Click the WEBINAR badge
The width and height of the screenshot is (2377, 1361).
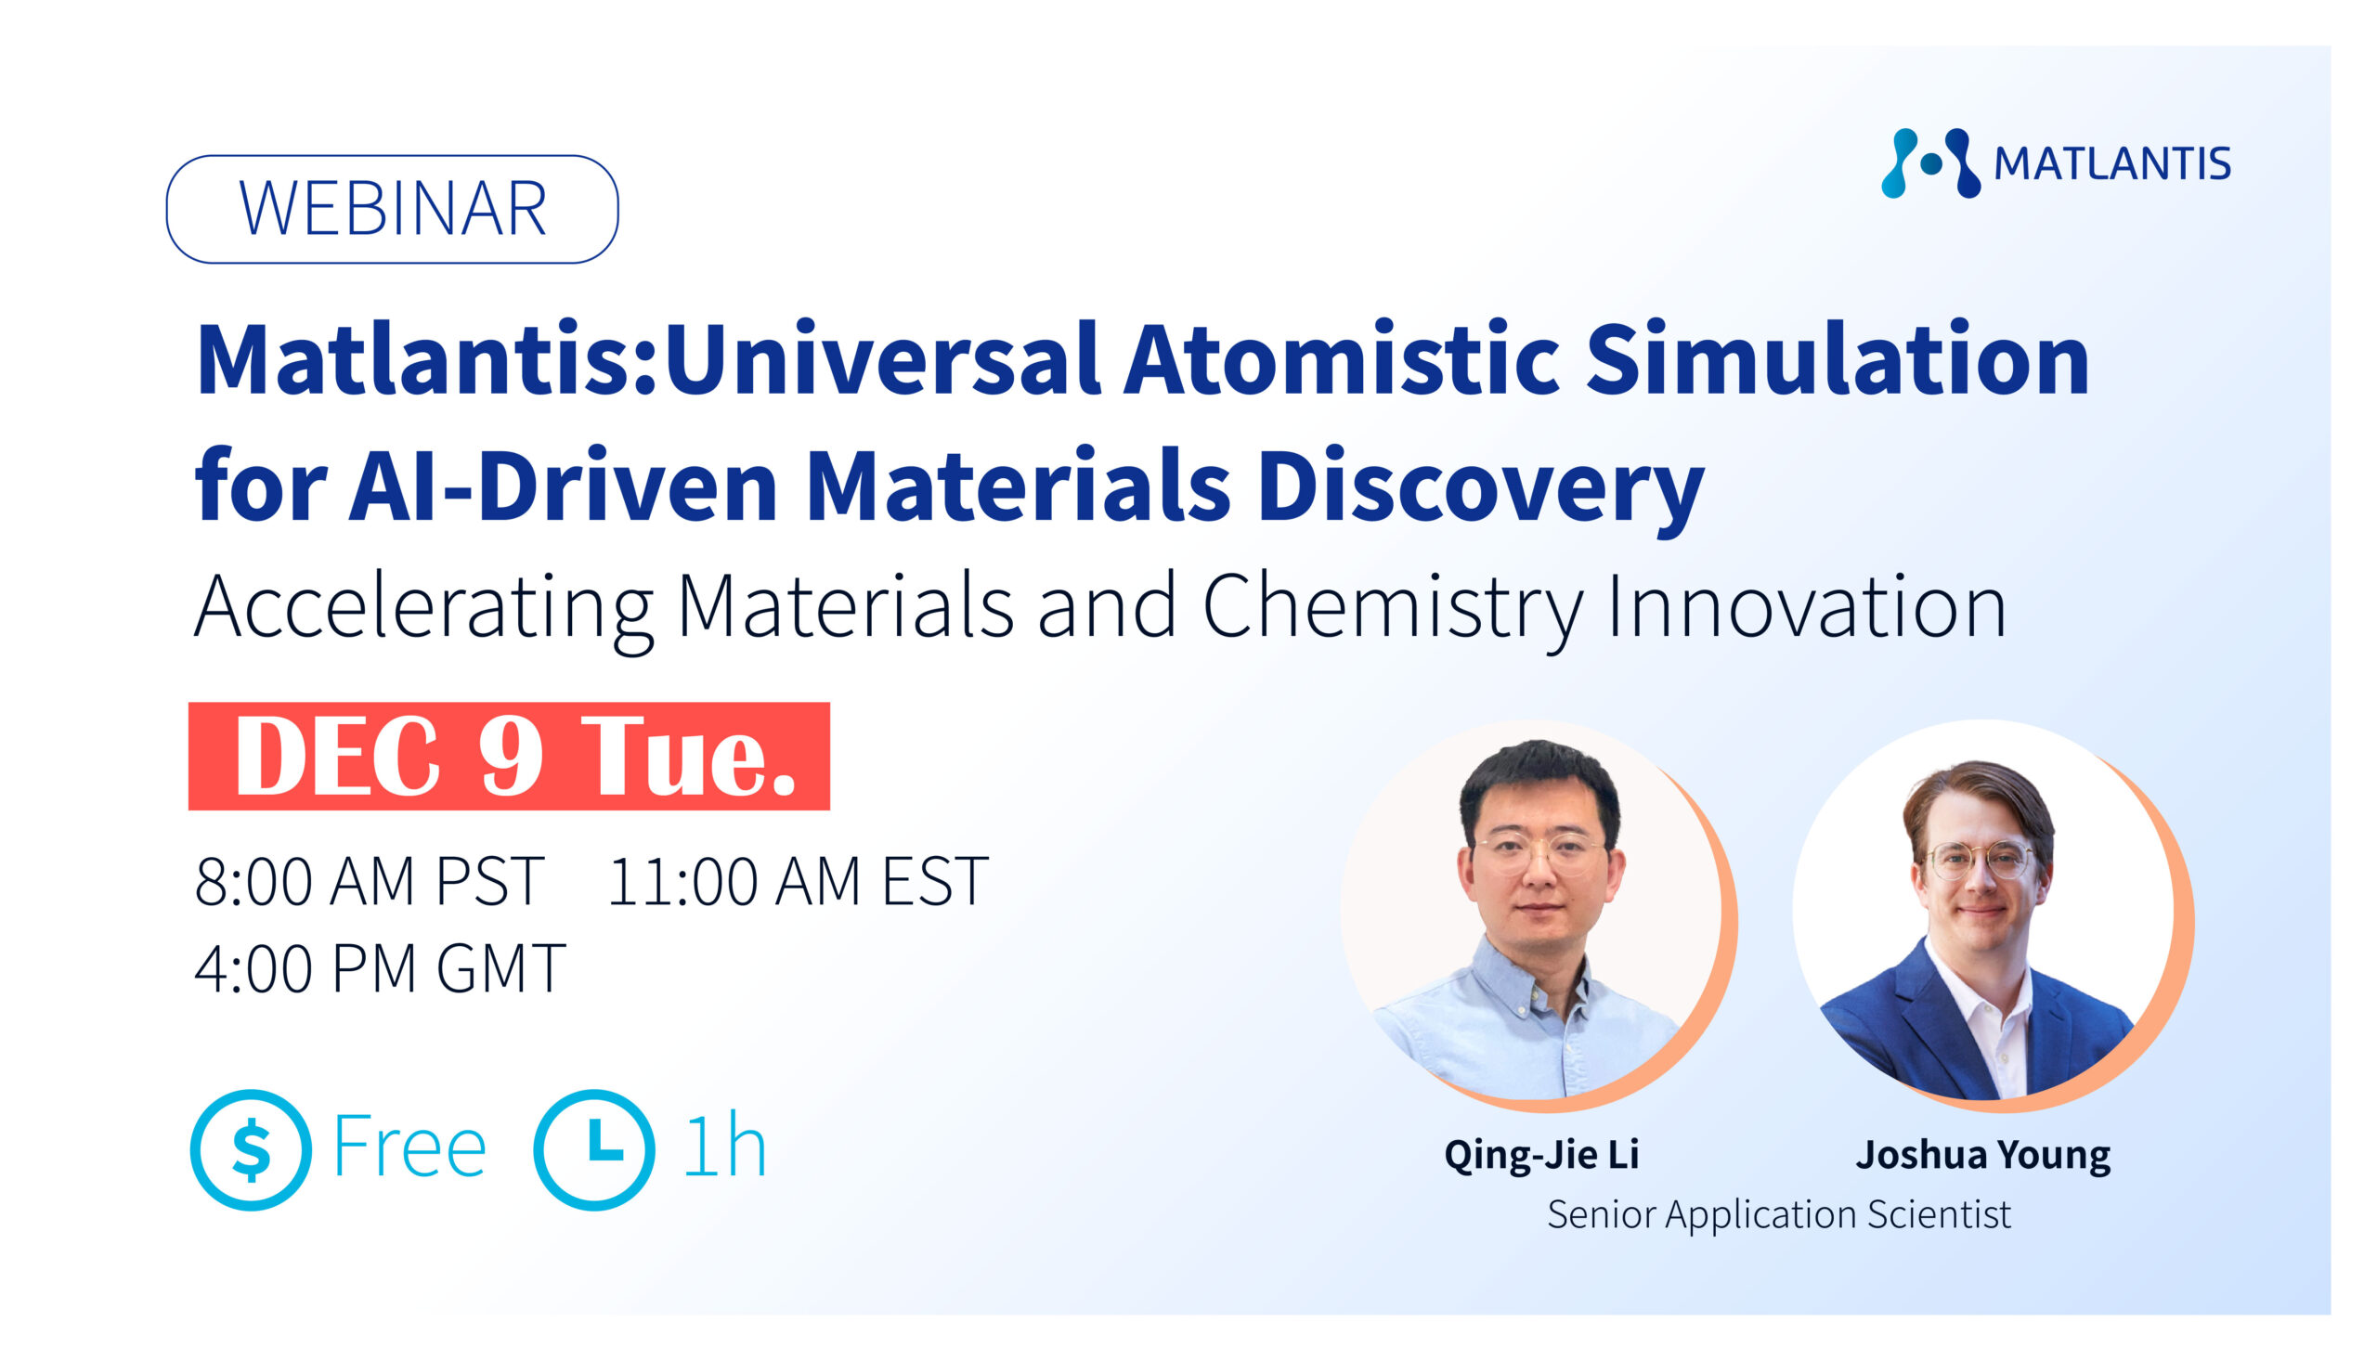[x=392, y=209]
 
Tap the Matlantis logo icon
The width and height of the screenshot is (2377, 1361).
[x=1930, y=163]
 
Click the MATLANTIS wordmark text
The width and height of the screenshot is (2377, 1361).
[x=2112, y=164]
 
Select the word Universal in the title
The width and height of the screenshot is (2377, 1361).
[x=880, y=359]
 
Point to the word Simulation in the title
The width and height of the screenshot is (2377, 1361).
[x=1838, y=359]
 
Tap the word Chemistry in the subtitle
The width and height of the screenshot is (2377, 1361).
[x=1392, y=608]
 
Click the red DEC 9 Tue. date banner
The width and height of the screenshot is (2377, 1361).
[x=509, y=757]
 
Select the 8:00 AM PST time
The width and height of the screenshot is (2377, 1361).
[x=370, y=881]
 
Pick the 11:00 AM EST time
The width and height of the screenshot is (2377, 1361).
[x=798, y=881]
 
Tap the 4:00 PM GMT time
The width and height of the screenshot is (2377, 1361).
[x=380, y=968]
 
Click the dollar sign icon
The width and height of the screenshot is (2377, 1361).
[x=252, y=1149]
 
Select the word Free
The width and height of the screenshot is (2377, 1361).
[x=409, y=1147]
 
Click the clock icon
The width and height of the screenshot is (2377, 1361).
[x=594, y=1149]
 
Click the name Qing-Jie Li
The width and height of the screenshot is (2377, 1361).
[x=1541, y=1155]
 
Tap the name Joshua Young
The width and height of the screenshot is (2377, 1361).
[x=1983, y=1155]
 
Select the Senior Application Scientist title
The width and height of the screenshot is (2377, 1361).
[x=1779, y=1215]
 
